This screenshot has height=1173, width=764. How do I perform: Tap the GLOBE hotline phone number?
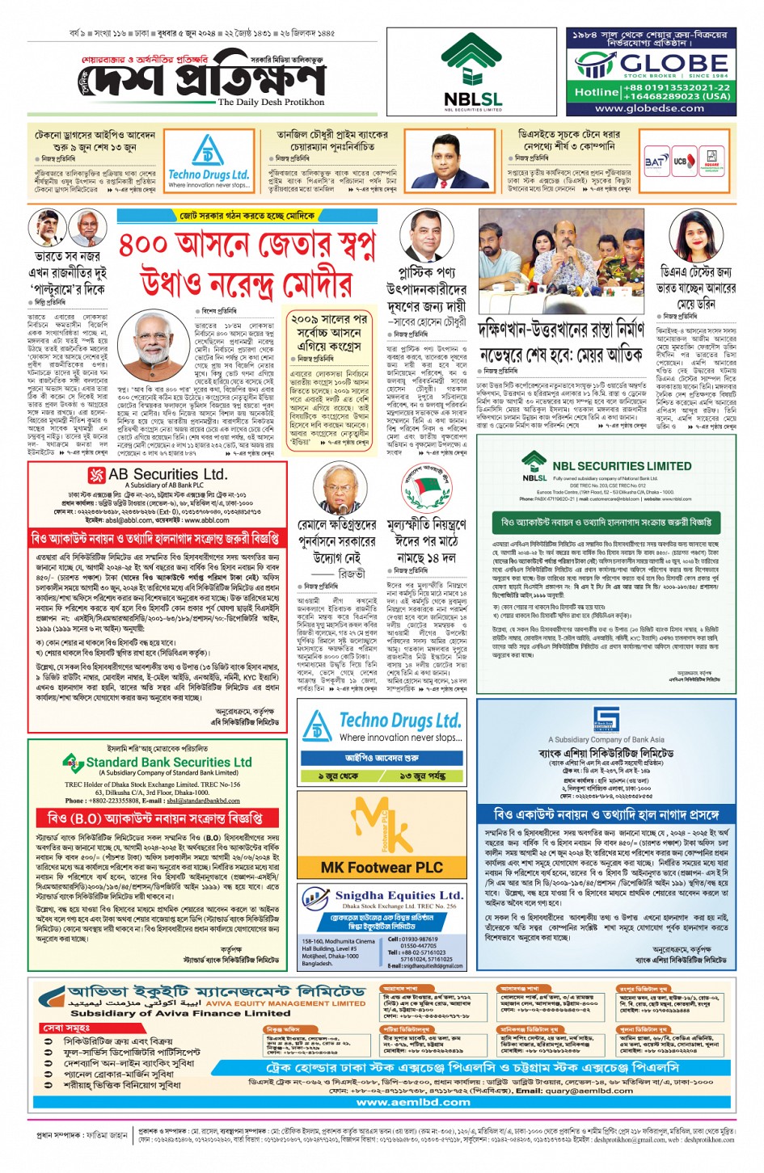click(x=665, y=91)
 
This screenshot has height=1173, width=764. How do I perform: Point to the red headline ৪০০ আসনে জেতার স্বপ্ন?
click(x=247, y=243)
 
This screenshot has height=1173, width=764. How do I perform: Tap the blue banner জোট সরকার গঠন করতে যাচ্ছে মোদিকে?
click(x=247, y=216)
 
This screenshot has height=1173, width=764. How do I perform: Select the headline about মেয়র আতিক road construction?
click(x=561, y=343)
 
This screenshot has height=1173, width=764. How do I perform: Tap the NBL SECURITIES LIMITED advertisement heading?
click(x=621, y=466)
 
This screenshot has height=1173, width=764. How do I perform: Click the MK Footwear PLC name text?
click(x=382, y=867)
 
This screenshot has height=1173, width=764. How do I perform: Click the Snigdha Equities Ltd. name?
click(x=399, y=895)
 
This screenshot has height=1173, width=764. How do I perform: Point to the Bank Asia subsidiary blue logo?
click(x=606, y=717)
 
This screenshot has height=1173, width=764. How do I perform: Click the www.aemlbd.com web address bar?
click(x=389, y=1101)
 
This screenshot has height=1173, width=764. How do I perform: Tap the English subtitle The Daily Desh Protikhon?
click(x=271, y=103)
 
